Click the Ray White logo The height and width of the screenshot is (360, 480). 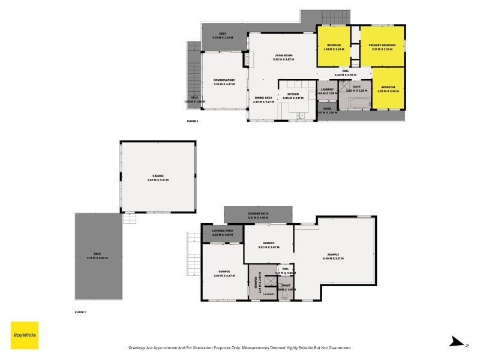25,335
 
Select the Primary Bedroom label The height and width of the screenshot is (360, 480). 382,46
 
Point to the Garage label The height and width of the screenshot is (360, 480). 157,176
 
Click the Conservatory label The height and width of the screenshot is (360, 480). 224,80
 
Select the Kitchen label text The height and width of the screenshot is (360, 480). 293,94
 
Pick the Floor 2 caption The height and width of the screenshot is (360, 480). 192,121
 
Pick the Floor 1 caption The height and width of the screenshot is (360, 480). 80,313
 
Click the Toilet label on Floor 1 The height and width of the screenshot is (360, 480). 286,286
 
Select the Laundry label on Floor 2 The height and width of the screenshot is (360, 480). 327,89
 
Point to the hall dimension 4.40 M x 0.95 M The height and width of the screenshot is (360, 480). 345,74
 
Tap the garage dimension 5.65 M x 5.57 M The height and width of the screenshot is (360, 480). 157,180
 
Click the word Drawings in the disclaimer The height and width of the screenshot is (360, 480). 138,347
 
